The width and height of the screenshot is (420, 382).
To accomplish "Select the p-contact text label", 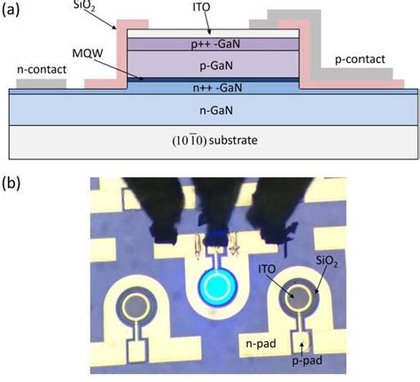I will pos(361,59).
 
